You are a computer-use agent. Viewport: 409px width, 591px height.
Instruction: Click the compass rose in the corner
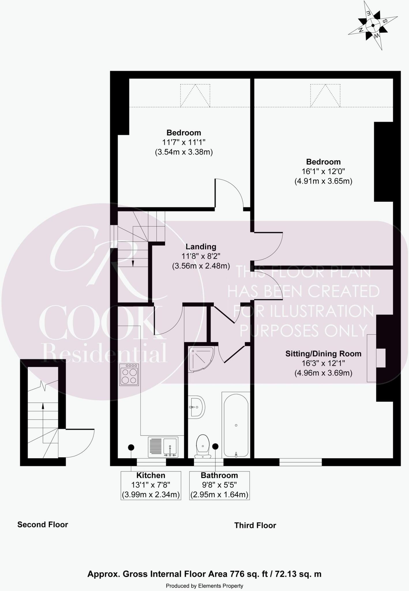[373, 25]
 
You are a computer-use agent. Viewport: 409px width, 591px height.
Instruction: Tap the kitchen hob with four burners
[129, 375]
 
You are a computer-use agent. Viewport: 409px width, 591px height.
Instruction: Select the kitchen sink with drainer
[163, 447]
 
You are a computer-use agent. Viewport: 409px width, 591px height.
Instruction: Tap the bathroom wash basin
[197, 407]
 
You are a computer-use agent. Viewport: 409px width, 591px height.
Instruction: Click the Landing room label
[201, 247]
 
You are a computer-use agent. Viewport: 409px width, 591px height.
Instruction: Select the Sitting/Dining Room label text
[323, 354]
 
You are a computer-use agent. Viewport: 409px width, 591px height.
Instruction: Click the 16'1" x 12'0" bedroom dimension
[323, 171]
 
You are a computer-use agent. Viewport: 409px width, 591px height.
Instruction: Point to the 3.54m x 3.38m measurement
[184, 152]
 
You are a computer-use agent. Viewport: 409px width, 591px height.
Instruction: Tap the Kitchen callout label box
[151, 485]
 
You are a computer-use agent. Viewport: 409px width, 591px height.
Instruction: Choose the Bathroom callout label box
[219, 485]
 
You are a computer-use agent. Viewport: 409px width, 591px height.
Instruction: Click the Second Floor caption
[43, 525]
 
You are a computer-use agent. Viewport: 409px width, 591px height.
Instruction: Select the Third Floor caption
[255, 525]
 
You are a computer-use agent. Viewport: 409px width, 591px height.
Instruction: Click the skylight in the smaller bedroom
[195, 96]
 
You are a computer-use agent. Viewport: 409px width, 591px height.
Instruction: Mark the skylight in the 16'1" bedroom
[325, 96]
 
